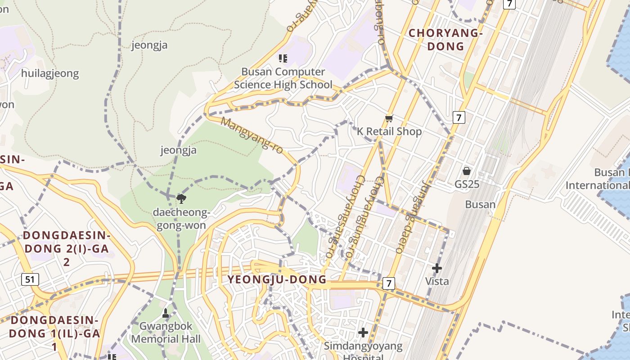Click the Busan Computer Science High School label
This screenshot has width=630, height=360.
(x=283, y=78)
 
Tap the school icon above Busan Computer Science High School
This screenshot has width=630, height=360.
(x=283, y=58)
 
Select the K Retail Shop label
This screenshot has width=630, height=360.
(x=389, y=131)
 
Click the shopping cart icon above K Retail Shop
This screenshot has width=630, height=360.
(x=389, y=118)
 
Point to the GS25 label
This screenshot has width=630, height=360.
(x=467, y=184)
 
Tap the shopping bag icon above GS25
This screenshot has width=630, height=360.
(x=467, y=171)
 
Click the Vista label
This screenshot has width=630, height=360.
(x=437, y=281)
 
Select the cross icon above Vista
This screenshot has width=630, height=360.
(x=436, y=268)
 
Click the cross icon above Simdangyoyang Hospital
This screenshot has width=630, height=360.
(x=363, y=333)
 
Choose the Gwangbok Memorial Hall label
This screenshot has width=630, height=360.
(x=166, y=333)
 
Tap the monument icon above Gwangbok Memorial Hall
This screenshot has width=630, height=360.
(x=166, y=313)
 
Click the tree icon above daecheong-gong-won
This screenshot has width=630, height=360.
(x=181, y=198)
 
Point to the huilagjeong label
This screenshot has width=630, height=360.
(x=50, y=73)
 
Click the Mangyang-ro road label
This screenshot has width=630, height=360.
(x=252, y=135)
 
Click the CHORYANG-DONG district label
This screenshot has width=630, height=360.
(x=445, y=40)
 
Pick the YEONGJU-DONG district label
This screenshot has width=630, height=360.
(x=277, y=279)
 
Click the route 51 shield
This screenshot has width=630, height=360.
(x=30, y=279)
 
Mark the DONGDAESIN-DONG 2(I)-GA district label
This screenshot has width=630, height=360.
(x=66, y=248)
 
